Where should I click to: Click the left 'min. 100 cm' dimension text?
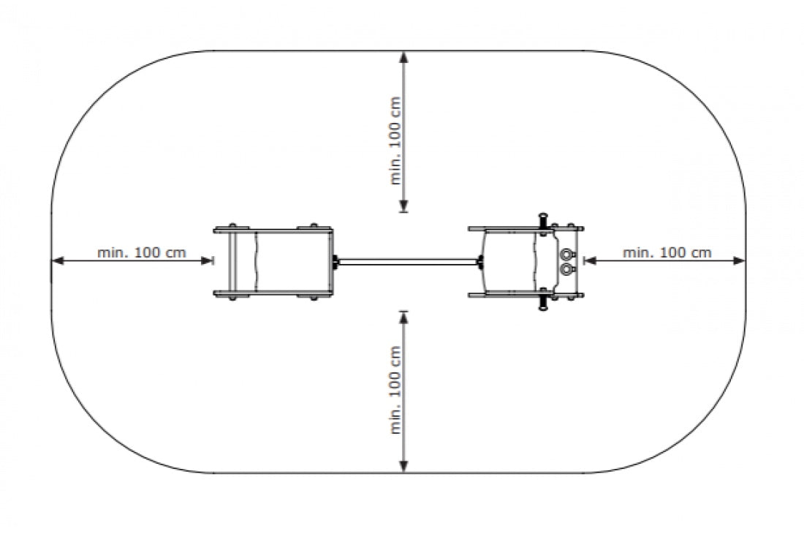click(142, 252)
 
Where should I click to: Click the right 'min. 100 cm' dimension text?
click(667, 252)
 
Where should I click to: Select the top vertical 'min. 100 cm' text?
click(396, 140)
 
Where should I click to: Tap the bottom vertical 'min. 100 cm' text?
click(396, 390)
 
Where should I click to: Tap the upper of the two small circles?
click(566, 254)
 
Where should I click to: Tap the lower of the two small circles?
click(566, 268)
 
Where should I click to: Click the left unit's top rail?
click(273, 230)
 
